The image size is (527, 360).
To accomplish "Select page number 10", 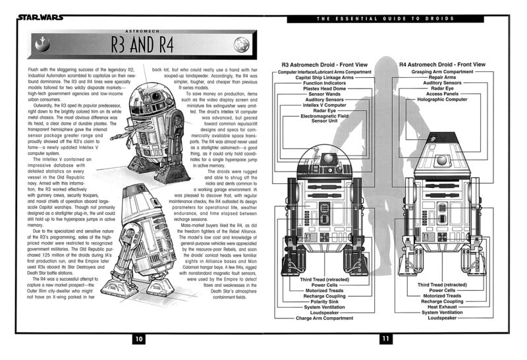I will pyautogui.click(x=139, y=339).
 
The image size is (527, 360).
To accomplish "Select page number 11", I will pyautogui.click(x=387, y=339).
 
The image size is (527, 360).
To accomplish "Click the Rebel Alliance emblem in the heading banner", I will pyautogui.click(x=43, y=47).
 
